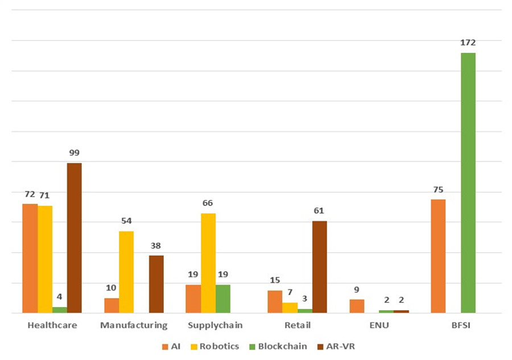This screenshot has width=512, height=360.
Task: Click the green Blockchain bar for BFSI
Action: point(468,183)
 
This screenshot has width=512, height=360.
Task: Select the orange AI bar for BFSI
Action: point(438,256)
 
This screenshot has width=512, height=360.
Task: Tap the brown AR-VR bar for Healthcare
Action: point(74,238)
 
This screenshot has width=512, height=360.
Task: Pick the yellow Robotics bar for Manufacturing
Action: point(126,272)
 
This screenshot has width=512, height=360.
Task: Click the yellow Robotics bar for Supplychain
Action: point(208,263)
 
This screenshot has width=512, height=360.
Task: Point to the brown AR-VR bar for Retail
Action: point(320,267)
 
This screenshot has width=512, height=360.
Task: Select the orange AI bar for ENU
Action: point(357,306)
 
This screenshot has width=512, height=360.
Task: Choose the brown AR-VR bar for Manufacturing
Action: point(156,284)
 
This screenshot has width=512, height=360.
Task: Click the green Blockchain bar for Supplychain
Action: point(223,299)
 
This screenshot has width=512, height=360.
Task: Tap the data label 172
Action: point(468,43)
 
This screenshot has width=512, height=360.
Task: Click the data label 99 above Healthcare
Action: point(74,153)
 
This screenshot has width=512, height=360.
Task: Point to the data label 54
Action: point(126,221)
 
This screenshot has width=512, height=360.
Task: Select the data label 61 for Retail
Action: point(320,211)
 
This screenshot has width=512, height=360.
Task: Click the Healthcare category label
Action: point(52,325)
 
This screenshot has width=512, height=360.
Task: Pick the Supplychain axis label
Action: point(215,325)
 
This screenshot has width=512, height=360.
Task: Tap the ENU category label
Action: point(378,325)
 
